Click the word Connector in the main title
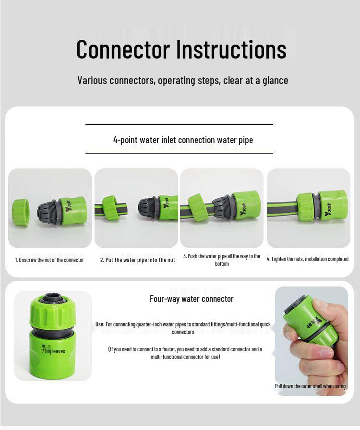[x=123, y=49]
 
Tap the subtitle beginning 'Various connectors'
[x=182, y=80]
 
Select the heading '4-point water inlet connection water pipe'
[x=183, y=140]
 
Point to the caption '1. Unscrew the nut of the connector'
[x=49, y=260]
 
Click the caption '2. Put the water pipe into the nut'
[x=137, y=260]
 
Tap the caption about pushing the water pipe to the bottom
[x=222, y=260]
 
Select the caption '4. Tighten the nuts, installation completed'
[x=308, y=259]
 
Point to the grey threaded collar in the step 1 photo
[x=47, y=211]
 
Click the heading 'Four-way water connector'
[x=192, y=299]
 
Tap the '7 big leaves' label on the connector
[x=53, y=351]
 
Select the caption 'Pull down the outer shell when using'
[x=310, y=386]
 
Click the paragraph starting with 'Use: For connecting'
[x=183, y=328]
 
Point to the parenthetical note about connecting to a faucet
[x=185, y=353]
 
